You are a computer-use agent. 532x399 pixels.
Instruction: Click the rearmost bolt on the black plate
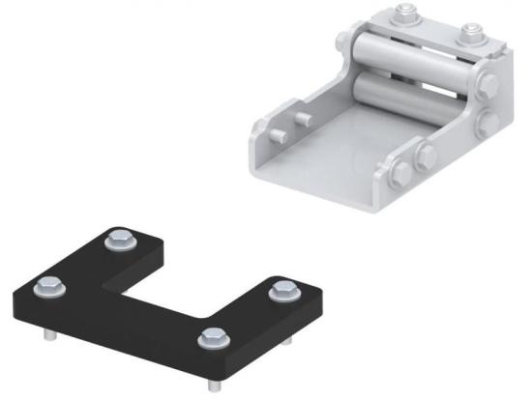(x=120, y=237)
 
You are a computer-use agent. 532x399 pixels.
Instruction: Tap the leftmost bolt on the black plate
(x=44, y=286)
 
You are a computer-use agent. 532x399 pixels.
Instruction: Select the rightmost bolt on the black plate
(x=281, y=289)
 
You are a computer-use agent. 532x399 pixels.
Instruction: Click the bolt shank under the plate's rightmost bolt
(x=287, y=343)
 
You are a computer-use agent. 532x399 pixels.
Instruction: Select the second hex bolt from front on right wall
(x=425, y=157)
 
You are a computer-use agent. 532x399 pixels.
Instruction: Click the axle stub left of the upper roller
(x=344, y=44)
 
